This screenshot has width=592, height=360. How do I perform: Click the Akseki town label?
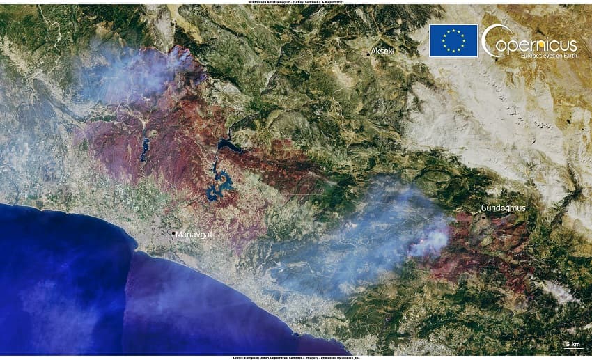(x=384, y=52)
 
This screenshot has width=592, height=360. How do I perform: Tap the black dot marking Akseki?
(x=368, y=53)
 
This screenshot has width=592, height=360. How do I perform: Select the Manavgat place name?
(x=194, y=235)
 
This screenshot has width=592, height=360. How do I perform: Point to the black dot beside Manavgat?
(x=173, y=233)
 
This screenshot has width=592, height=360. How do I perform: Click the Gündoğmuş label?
(x=503, y=208)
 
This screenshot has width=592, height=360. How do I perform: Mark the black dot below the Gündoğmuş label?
(x=485, y=217)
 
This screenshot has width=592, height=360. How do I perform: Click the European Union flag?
(x=453, y=40)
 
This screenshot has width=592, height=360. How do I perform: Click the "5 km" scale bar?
(x=573, y=345)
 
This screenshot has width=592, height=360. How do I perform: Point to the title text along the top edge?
(x=296, y=2)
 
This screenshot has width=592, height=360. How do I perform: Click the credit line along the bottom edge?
(x=296, y=357)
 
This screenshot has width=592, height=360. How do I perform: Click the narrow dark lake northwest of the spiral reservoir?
(x=146, y=148)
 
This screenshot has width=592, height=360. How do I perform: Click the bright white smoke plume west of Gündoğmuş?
(x=430, y=242)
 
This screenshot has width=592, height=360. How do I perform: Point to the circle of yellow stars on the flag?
(x=453, y=40)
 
